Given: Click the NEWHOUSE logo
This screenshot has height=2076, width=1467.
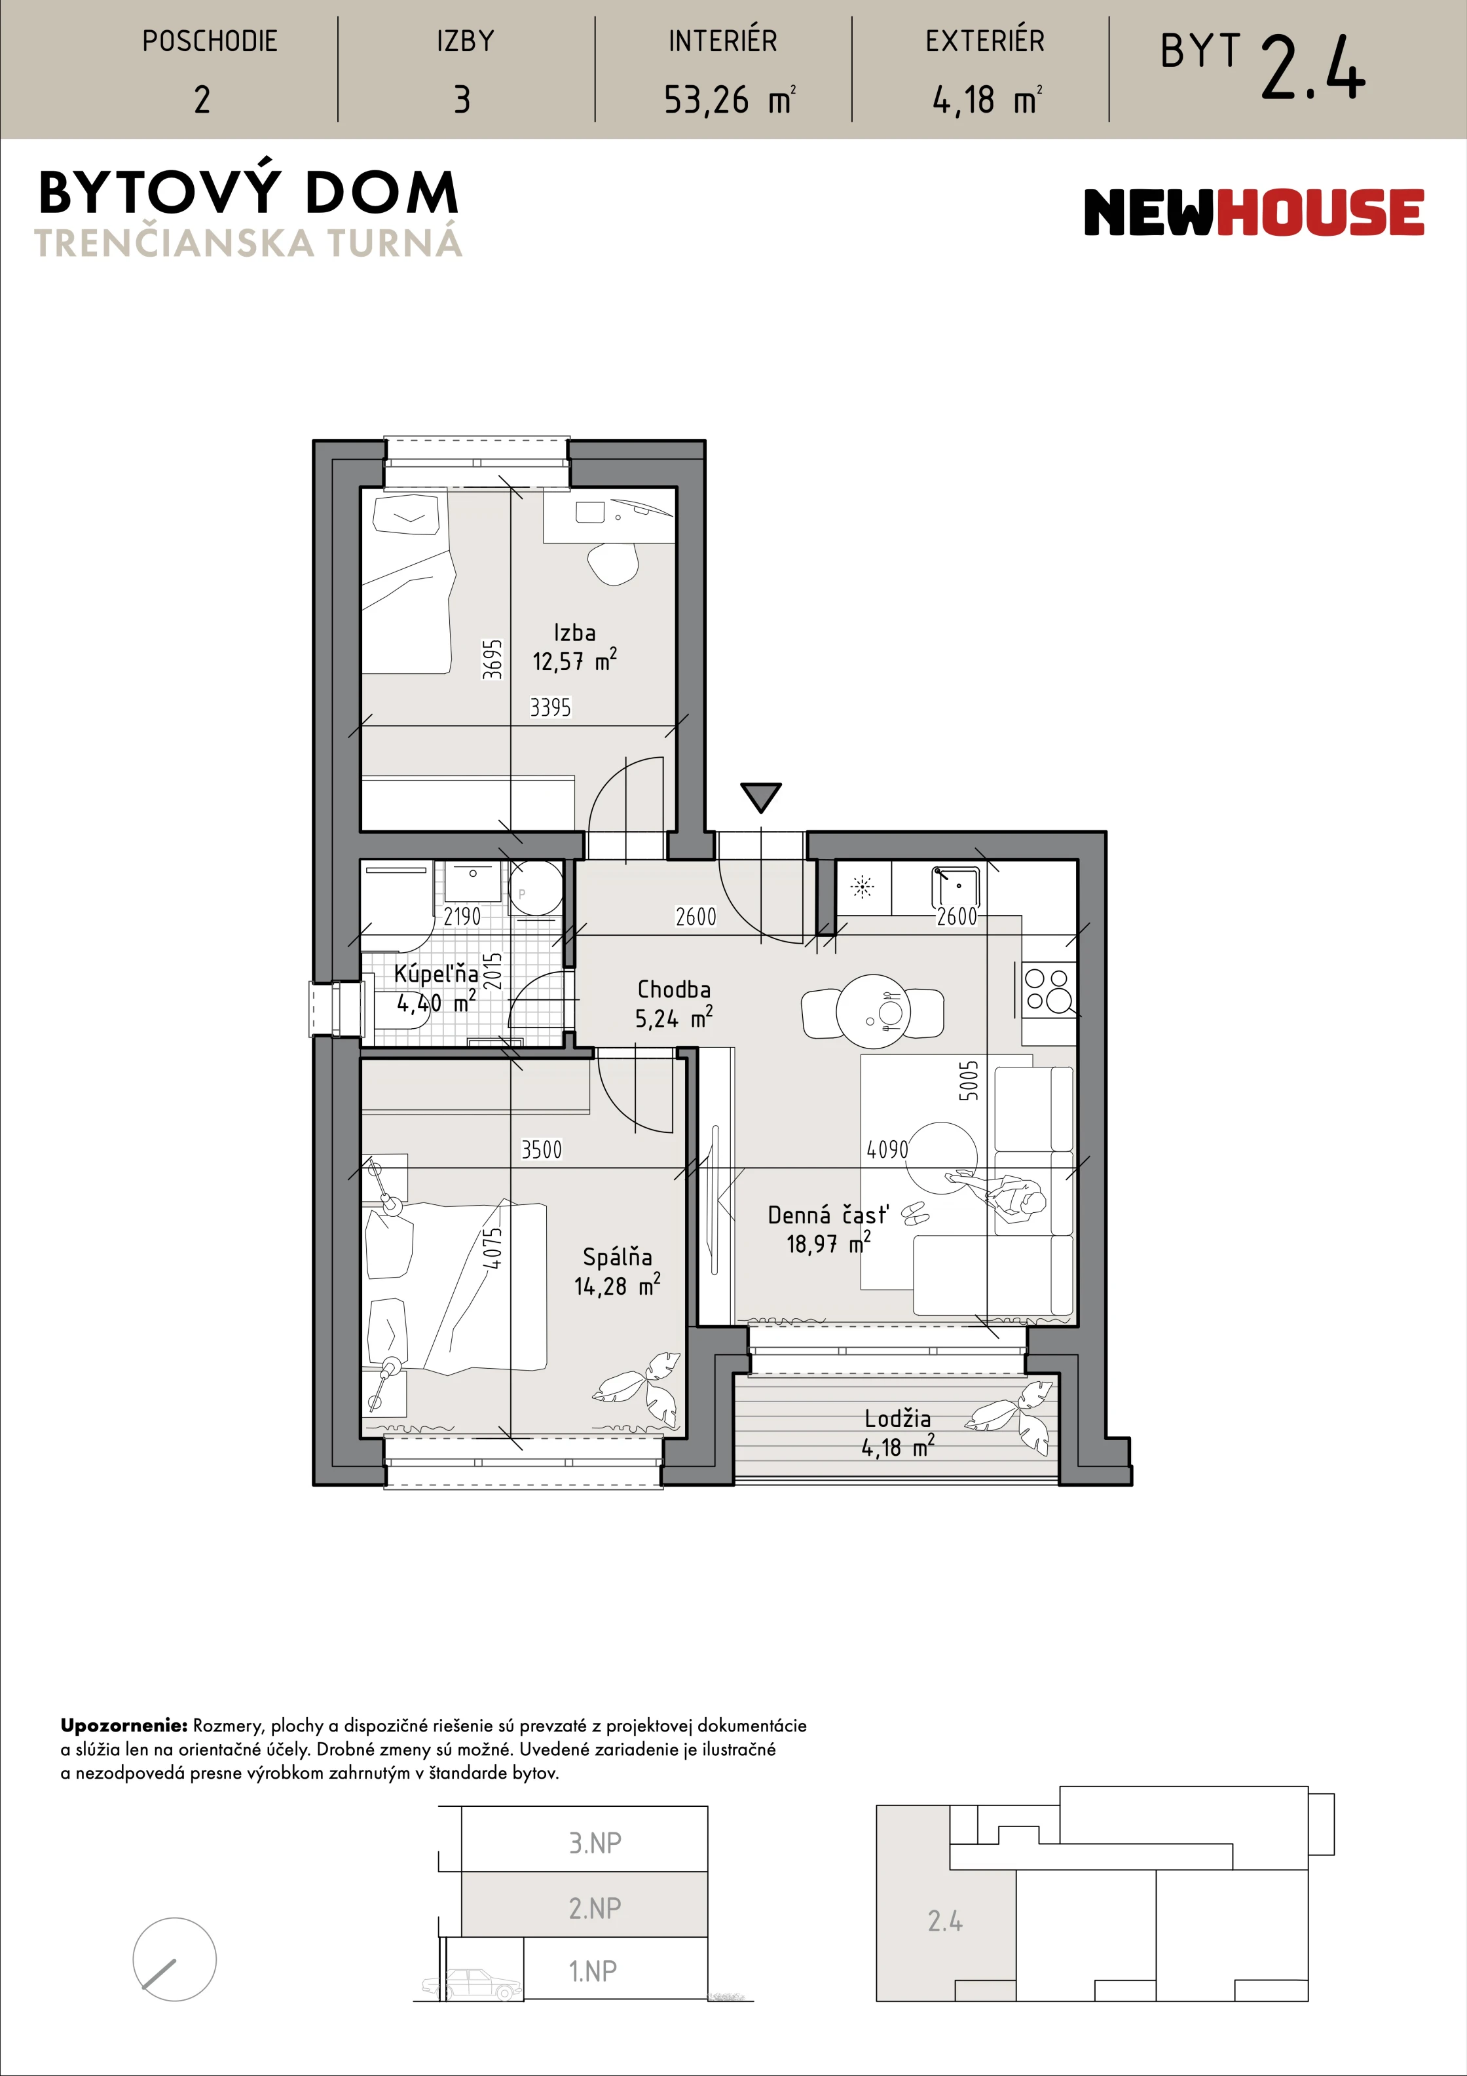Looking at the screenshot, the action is click(1253, 212).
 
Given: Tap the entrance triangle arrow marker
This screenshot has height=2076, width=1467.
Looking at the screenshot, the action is click(760, 796).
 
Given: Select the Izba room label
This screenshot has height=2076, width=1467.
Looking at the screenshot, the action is click(574, 632).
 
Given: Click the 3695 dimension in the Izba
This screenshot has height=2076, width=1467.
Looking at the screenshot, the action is click(492, 659).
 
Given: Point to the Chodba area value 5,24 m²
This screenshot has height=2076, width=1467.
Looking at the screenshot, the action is click(674, 1018).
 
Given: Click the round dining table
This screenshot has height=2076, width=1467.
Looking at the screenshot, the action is click(874, 1012).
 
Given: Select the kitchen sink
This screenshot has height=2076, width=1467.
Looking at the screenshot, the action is click(955, 887).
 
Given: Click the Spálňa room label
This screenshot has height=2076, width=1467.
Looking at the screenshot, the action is click(618, 1256).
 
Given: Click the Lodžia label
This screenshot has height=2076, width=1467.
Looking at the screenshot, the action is click(897, 1418).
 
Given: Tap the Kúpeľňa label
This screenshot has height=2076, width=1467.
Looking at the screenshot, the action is click(436, 973).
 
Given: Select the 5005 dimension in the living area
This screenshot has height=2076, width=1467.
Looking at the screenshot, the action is click(968, 1081).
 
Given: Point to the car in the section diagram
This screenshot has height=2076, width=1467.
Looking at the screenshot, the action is click(472, 1984).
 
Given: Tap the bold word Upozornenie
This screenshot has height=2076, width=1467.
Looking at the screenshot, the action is click(124, 1725).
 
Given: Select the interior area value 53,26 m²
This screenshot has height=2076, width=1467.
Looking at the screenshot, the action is click(729, 100).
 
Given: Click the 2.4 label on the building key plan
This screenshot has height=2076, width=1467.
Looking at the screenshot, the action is click(945, 1921).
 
